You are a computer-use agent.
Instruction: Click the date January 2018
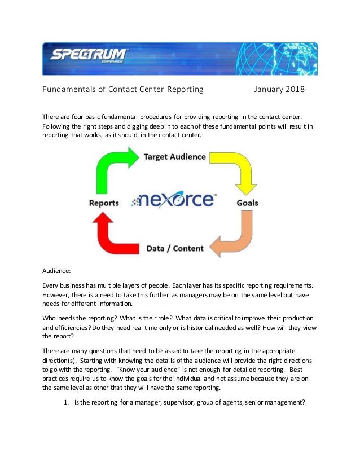point(279,89)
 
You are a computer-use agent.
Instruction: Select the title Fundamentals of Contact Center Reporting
point(123,89)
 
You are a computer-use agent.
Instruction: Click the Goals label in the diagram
point(248,202)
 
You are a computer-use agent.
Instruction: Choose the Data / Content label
point(175,248)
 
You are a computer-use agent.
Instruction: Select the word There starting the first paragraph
point(52,117)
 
